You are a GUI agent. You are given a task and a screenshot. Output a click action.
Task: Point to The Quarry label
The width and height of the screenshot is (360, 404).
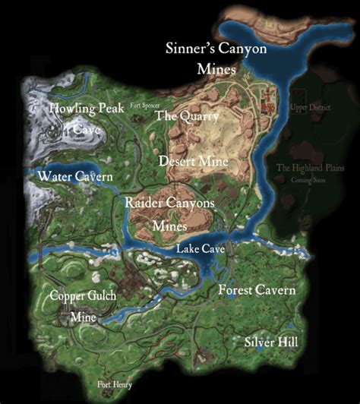pos(187,116)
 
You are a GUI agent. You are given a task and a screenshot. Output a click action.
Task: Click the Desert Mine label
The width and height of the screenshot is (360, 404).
pos(189,161)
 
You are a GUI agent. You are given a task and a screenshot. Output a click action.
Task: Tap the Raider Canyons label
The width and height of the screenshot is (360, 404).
pos(170,204)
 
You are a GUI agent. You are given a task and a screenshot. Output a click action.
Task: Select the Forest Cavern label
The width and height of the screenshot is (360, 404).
pos(256,290)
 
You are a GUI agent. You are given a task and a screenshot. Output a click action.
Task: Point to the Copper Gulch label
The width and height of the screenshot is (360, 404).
pos(84,296)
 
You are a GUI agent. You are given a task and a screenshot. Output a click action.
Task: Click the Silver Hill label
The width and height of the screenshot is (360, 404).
pos(271,342)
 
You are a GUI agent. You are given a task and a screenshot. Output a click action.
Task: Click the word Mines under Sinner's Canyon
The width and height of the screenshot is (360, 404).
pos(218,68)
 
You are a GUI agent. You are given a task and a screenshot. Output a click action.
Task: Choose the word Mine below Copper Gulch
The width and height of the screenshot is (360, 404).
pos(84,317)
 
